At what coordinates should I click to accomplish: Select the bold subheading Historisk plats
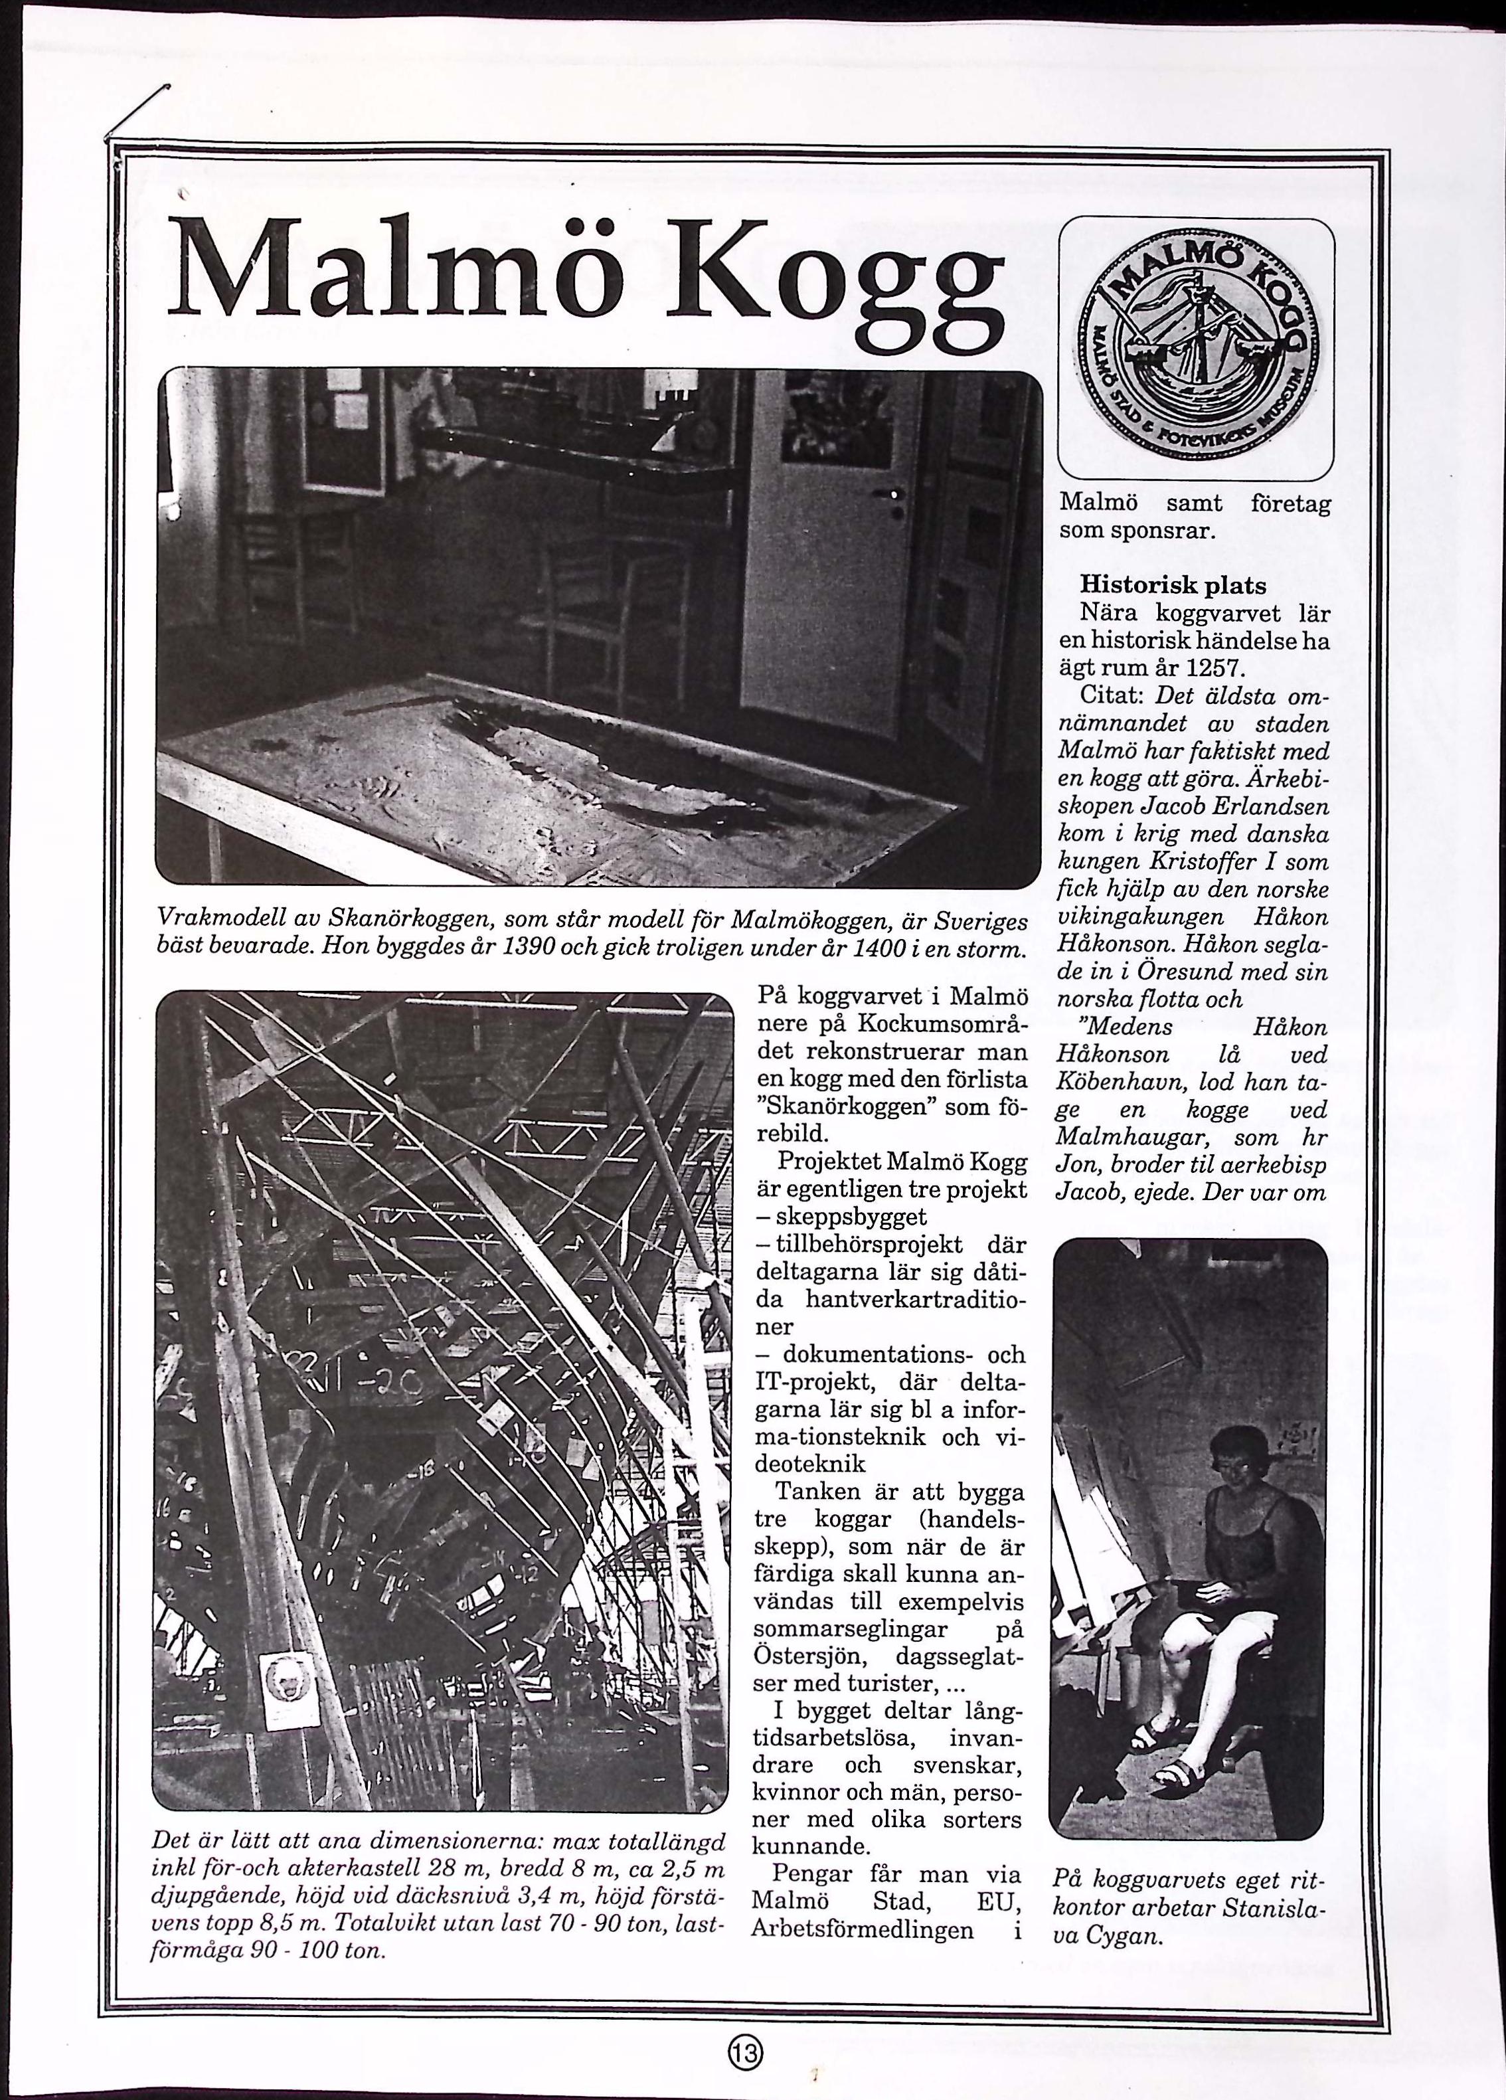(1173, 586)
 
